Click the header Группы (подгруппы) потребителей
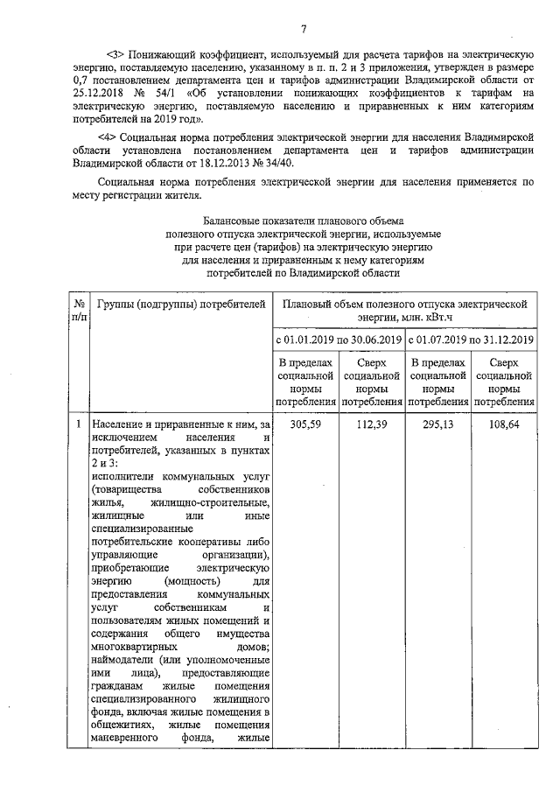180,304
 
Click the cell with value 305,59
306,424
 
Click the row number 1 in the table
77,424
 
